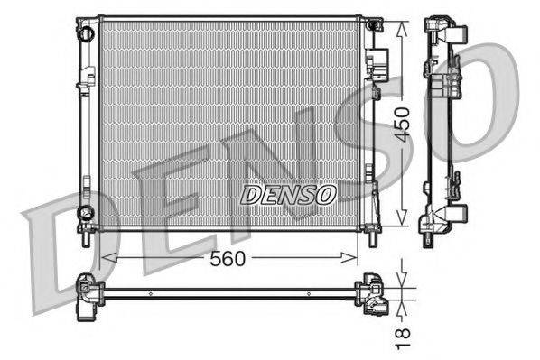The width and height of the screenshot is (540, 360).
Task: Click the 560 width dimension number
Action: (229, 258)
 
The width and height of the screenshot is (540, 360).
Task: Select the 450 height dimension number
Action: (404, 122)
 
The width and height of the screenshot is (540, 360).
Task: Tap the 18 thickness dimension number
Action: (404, 338)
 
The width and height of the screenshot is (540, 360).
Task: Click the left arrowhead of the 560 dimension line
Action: (107, 258)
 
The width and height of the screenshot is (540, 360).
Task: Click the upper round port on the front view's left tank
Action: (86, 33)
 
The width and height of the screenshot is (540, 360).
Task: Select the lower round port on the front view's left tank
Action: (86, 213)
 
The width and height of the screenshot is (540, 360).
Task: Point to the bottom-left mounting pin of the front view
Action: (84, 240)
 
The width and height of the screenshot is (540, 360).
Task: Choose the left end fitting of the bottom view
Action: (89, 294)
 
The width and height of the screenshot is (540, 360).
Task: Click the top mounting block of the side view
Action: (448, 32)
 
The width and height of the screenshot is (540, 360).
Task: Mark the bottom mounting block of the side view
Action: (448, 217)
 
